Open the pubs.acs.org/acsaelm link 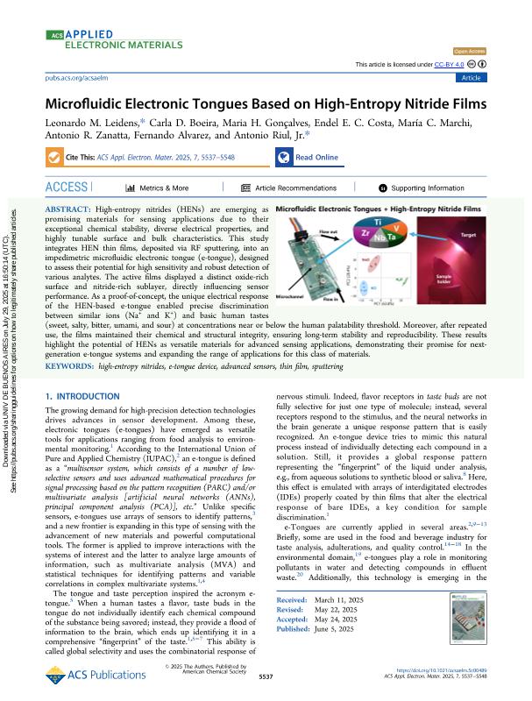74,78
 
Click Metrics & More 159,188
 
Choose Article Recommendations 288,188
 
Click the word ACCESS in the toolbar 66,188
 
